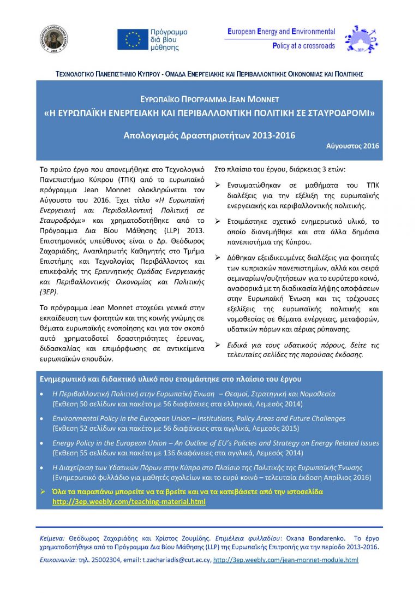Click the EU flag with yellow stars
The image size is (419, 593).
(132, 39)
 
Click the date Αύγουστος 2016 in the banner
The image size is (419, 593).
(352, 146)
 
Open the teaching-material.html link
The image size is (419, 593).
(129, 501)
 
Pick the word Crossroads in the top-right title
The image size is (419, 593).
(318, 46)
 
